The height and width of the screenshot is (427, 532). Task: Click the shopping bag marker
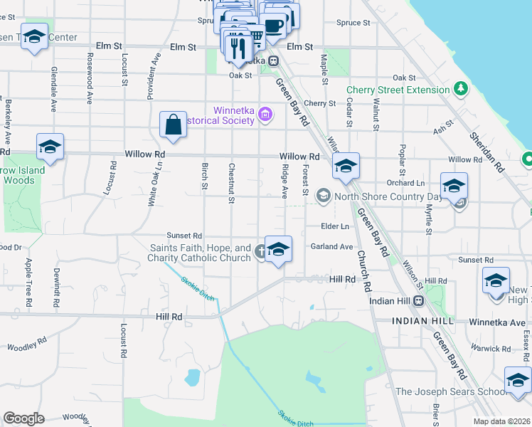tap(174, 125)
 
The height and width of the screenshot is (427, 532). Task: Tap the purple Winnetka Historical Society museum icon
tap(266, 114)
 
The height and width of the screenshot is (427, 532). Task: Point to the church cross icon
tap(261, 250)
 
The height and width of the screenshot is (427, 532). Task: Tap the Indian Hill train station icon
tap(419, 300)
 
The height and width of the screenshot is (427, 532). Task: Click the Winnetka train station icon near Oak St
tap(271, 61)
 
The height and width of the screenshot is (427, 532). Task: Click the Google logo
tap(23, 418)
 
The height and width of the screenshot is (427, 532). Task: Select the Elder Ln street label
tap(335, 226)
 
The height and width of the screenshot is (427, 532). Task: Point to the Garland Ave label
tap(331, 247)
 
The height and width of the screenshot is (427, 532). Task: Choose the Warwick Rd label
tap(493, 349)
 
